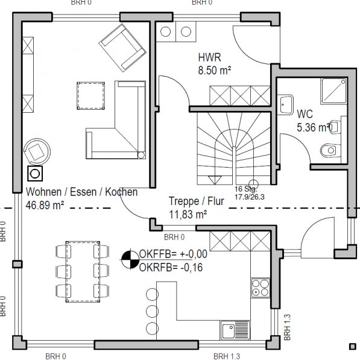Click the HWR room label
point(210,57)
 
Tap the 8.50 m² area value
point(215,71)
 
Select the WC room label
point(305,114)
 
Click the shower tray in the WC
point(334,91)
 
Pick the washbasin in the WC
point(285,105)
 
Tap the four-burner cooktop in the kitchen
point(261,288)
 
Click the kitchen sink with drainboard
point(235,330)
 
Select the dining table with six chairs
point(83,271)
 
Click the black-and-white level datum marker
point(130,259)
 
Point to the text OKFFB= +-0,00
point(173,254)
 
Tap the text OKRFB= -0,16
point(171,268)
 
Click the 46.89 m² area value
point(45,205)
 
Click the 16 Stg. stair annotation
point(246,189)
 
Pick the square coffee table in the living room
point(91,96)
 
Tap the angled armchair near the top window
point(122,48)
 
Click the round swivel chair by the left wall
point(37,151)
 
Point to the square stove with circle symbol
point(35,174)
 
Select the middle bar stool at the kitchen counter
point(152,311)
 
